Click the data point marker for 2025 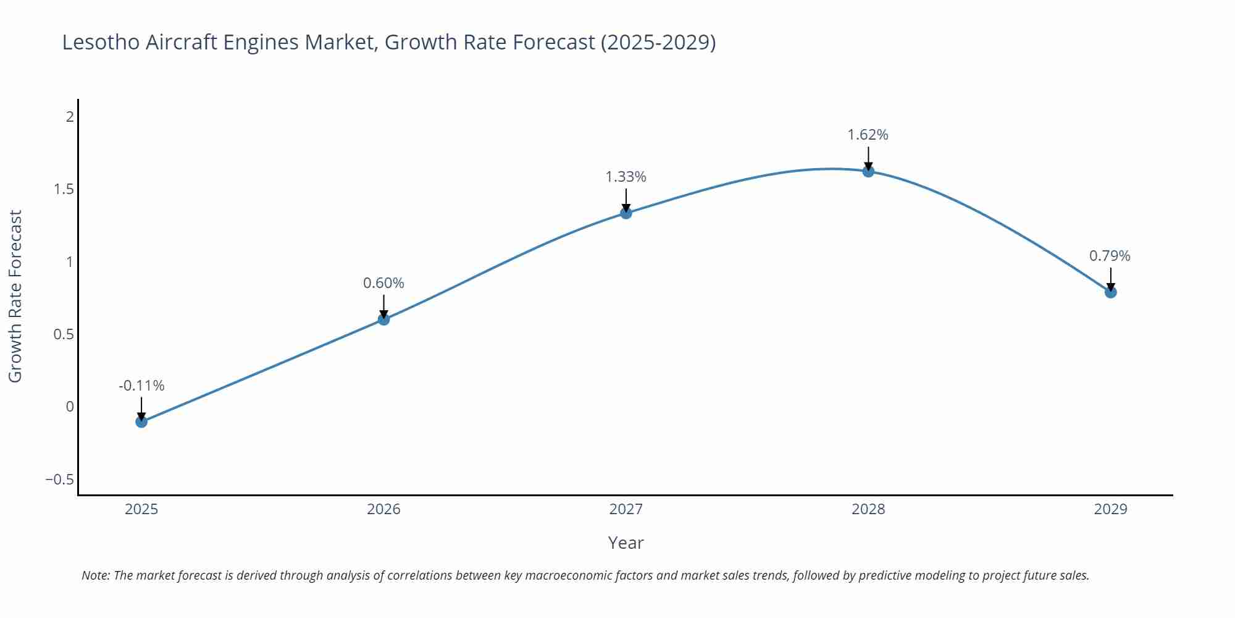[x=141, y=421]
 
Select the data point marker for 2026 [x=383, y=319]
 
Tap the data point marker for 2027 [x=626, y=213]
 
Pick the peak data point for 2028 [x=868, y=171]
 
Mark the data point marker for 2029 [x=1110, y=292]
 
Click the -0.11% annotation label [x=141, y=386]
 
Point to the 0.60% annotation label [x=383, y=283]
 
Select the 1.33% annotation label [x=626, y=177]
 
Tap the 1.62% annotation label [x=868, y=135]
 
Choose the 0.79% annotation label [x=1110, y=256]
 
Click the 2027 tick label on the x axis [x=626, y=509]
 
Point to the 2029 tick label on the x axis [x=1110, y=509]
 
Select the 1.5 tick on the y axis [x=64, y=189]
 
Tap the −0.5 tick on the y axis [x=59, y=480]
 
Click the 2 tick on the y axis [x=70, y=116]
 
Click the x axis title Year [x=626, y=543]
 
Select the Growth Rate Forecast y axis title [x=15, y=296]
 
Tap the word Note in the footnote [x=94, y=575]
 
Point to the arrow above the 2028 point [x=868, y=158]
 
